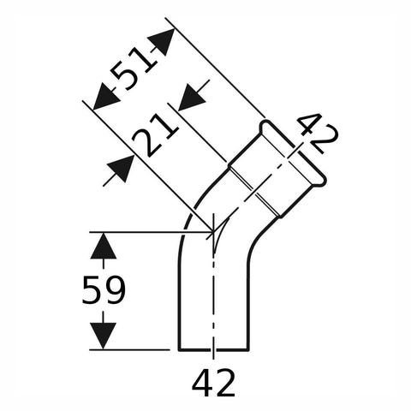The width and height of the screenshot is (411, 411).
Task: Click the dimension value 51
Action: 134,68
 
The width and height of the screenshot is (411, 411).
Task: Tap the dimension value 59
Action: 104,290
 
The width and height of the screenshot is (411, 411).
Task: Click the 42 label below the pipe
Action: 213,382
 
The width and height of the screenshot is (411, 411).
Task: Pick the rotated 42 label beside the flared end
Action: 316,134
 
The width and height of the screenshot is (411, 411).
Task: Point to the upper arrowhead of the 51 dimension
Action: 161,42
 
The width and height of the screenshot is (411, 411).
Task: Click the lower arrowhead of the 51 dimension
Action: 106,97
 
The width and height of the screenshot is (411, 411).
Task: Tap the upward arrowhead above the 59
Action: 103,246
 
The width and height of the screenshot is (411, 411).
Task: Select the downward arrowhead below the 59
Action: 103,336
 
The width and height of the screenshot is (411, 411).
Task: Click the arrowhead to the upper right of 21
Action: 192,97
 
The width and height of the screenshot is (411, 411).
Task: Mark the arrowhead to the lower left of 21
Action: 121,169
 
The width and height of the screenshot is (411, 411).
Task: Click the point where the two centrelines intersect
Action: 213,232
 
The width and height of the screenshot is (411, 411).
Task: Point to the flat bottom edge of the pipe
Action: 213,349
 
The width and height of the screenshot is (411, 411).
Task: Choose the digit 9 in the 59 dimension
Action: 115,290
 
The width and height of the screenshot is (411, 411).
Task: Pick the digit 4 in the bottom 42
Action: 203,382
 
